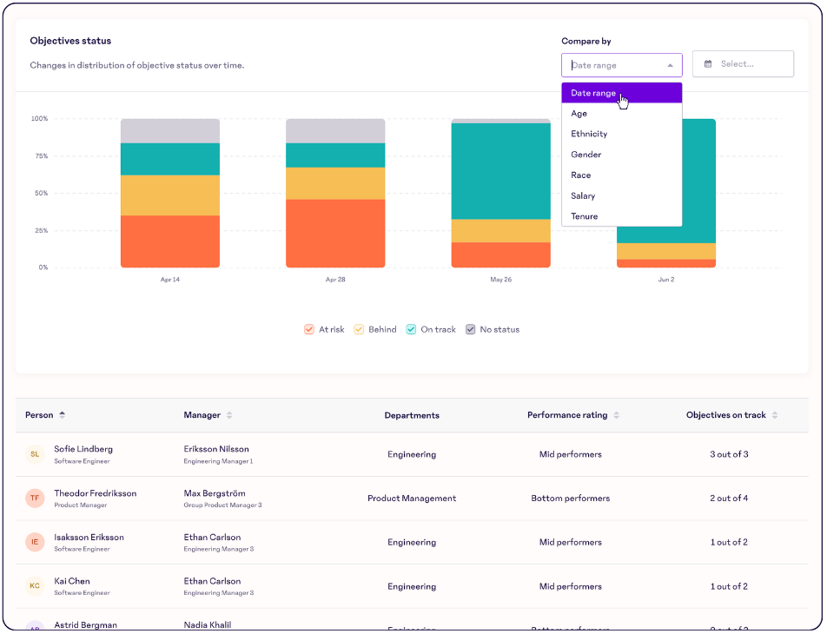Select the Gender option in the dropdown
click(586, 155)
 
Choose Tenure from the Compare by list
click(584, 216)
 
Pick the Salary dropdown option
click(583, 196)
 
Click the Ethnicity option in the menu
click(589, 134)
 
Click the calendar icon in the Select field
click(708, 64)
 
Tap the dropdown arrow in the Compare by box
click(670, 65)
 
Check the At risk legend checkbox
click(309, 330)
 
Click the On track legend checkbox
click(412, 330)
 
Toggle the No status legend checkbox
click(471, 330)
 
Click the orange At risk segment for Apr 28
click(335, 233)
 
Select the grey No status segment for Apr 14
click(170, 131)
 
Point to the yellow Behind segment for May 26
click(500, 231)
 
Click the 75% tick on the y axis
click(41, 156)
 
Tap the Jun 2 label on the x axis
click(665, 280)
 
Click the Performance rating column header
click(567, 415)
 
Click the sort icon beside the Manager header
click(229, 415)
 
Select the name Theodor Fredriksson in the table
click(95, 493)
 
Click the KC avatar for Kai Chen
click(35, 586)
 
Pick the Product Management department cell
click(412, 499)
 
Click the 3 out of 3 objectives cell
click(728, 454)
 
